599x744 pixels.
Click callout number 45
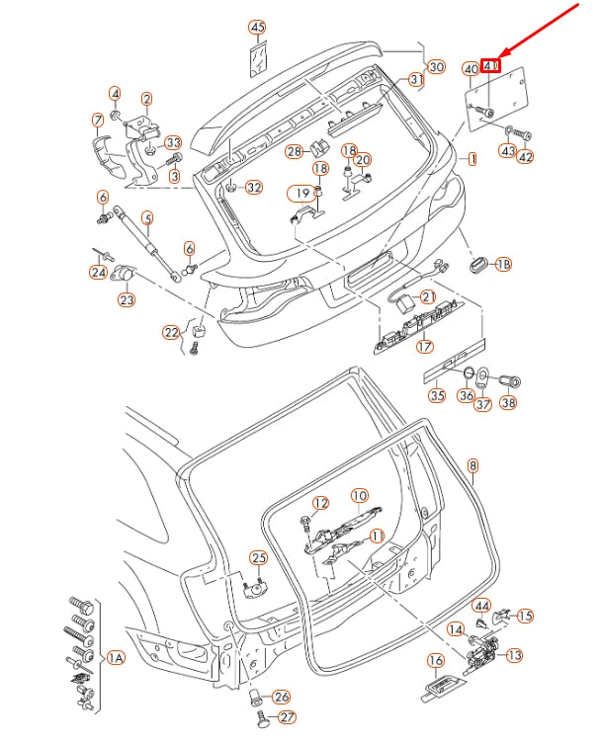[257, 27]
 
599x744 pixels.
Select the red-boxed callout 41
[492, 67]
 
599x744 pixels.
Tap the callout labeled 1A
[116, 657]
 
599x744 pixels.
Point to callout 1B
[503, 264]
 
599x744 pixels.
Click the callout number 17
[425, 346]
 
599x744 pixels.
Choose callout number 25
[258, 557]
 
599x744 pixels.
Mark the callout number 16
[436, 660]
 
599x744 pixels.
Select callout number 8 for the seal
[472, 464]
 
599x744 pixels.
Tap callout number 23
[127, 299]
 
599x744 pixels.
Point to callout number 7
[97, 121]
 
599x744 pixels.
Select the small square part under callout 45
[257, 58]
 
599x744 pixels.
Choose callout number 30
[436, 66]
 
